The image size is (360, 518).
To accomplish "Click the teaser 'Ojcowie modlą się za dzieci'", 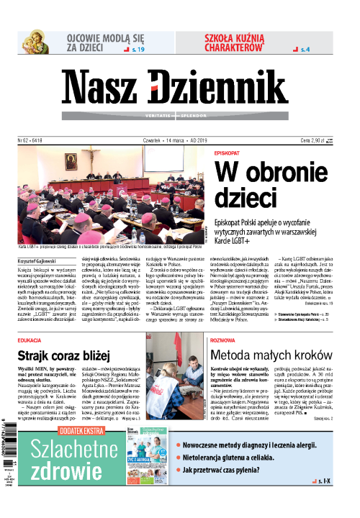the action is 98,42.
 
